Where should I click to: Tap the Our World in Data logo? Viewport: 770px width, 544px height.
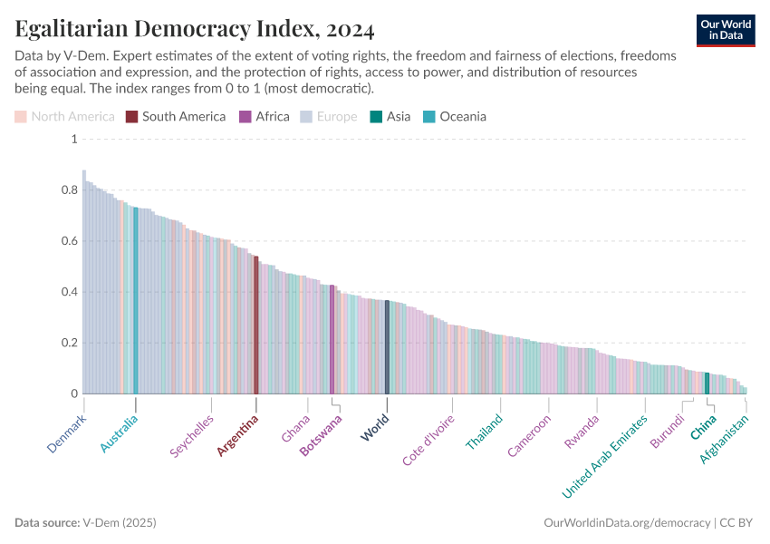[726, 30]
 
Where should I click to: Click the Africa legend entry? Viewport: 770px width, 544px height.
[265, 116]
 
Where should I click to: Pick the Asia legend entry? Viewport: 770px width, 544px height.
[390, 116]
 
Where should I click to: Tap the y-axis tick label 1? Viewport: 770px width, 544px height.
[73, 139]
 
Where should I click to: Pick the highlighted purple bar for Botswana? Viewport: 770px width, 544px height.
[332, 339]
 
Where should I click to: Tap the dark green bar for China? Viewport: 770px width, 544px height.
[707, 383]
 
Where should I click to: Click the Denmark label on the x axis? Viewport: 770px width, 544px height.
[66, 434]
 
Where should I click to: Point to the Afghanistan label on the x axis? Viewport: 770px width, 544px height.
[725, 439]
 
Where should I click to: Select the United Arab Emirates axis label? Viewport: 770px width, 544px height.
[605, 457]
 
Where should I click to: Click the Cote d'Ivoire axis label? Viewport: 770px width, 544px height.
[428, 441]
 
